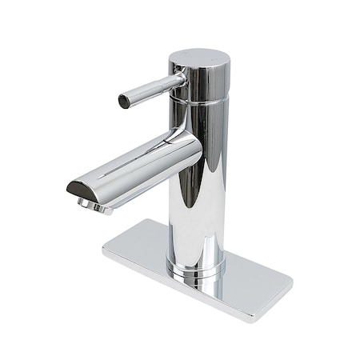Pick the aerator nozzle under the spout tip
[x=94, y=206]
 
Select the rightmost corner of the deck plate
[x=292, y=282]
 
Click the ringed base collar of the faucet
[x=195, y=268]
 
